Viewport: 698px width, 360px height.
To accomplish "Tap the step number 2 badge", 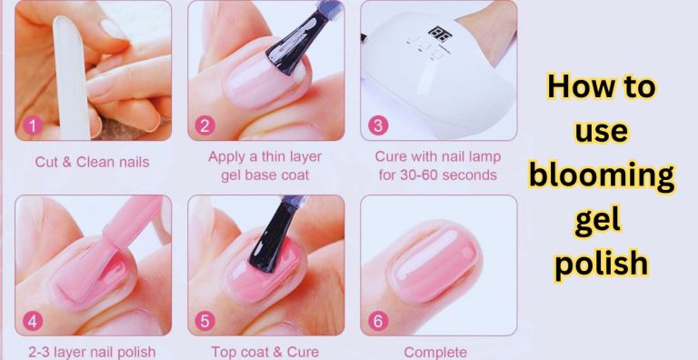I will pyautogui.click(x=205, y=126).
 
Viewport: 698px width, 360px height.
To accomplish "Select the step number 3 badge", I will pyautogui.click(x=378, y=126).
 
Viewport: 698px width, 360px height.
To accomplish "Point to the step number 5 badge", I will pyautogui.click(x=205, y=321).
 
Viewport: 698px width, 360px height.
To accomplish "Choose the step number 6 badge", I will pyautogui.click(x=378, y=321).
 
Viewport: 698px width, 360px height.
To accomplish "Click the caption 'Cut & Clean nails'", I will pyautogui.click(x=92, y=163).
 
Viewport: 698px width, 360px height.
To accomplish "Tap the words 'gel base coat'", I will pyautogui.click(x=264, y=175).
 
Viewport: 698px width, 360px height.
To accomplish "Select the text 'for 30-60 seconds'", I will pyautogui.click(x=436, y=175).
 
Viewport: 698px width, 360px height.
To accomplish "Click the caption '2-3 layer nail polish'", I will pyautogui.click(x=91, y=352).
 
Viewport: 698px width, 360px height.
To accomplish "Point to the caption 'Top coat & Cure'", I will pyautogui.click(x=264, y=352).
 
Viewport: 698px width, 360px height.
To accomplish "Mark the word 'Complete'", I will pyautogui.click(x=436, y=352).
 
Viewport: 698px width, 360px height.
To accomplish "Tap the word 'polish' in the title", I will pyautogui.click(x=602, y=263).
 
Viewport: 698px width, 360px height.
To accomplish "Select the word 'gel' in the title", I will pyautogui.click(x=597, y=220).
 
